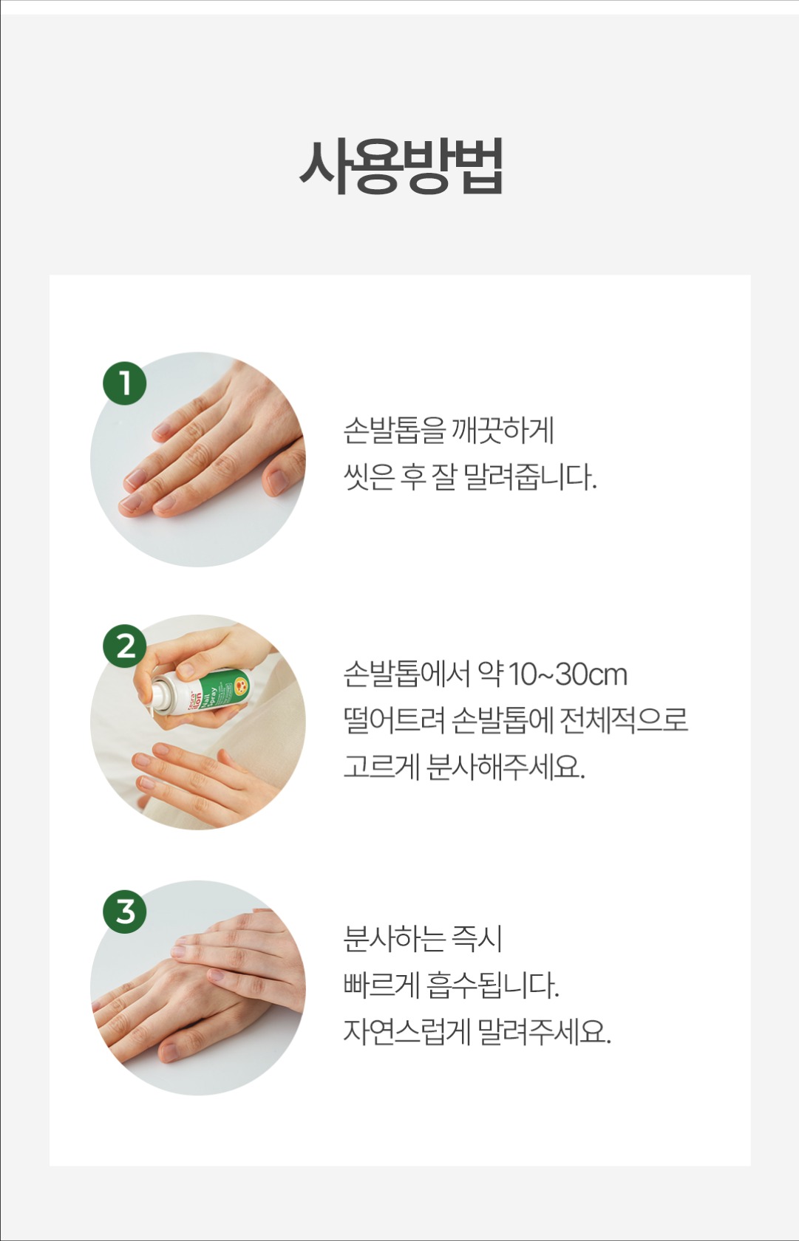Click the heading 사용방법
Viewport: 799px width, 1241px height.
point(401,167)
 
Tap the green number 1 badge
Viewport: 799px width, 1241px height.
point(125,383)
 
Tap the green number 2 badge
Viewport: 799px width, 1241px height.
point(125,646)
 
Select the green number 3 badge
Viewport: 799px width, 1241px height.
point(125,912)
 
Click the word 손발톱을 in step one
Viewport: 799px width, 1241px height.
point(395,431)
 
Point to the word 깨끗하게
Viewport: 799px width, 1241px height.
point(503,431)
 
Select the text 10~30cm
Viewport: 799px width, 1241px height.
point(568,674)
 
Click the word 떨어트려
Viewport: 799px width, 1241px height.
point(394,721)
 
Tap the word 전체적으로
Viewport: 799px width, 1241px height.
point(624,721)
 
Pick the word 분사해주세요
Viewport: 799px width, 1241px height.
point(506,767)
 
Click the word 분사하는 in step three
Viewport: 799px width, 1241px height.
point(395,939)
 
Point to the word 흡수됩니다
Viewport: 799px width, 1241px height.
point(493,985)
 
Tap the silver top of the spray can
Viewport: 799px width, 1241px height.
point(161,694)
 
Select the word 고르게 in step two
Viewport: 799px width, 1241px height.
point(381,767)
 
